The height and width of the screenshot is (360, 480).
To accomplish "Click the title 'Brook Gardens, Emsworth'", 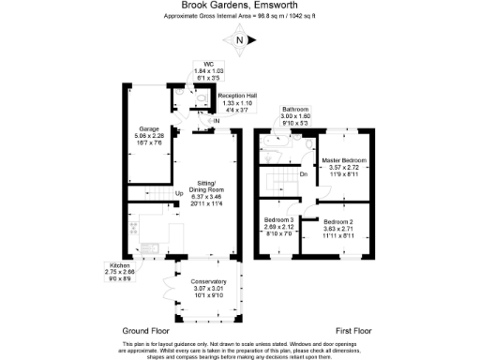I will point(240,6).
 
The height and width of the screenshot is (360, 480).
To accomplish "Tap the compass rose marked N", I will point(241,40).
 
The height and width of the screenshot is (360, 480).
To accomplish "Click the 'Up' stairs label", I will point(179,194).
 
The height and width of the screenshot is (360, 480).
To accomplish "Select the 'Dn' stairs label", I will point(303,173).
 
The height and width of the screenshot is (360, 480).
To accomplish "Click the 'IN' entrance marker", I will point(216,121).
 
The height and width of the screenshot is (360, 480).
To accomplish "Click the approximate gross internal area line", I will point(240,17).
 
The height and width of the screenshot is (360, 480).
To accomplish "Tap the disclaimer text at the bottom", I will point(240,349).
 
